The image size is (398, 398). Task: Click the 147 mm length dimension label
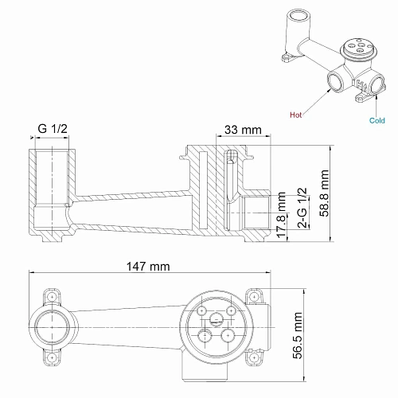[x=148, y=267]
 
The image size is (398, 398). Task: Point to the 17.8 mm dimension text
[x=282, y=214]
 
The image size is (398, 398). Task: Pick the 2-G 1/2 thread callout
[x=302, y=209]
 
